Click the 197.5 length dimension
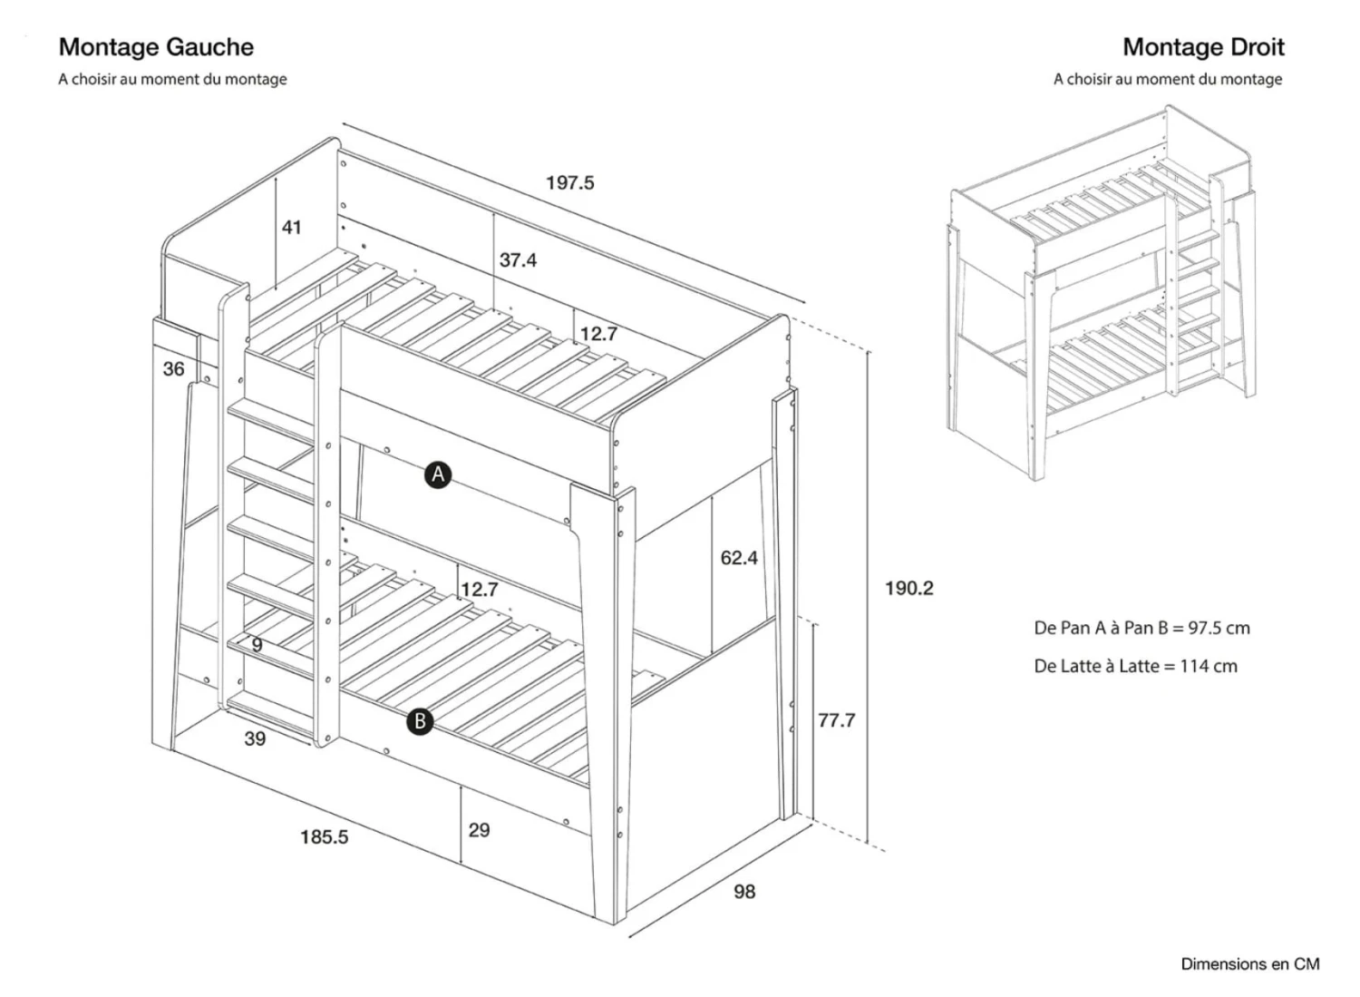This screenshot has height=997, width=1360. click(x=569, y=183)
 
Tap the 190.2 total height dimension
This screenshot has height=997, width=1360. click(x=908, y=589)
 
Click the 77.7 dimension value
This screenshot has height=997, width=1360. click(x=836, y=721)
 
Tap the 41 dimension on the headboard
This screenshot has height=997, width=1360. click(x=291, y=228)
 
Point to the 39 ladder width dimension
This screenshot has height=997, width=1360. click(x=255, y=739)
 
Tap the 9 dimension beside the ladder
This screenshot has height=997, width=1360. click(x=257, y=645)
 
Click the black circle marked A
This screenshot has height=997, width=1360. click(x=438, y=474)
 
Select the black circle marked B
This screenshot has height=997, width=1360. click(x=419, y=722)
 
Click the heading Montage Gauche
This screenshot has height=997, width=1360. click(x=156, y=47)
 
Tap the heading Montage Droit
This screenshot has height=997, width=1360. click(x=1203, y=47)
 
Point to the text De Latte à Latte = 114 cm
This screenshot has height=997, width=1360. click(x=1135, y=667)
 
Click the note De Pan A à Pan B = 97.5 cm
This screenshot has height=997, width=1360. click(x=1141, y=628)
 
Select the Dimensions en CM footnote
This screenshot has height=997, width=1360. click(x=1249, y=964)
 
